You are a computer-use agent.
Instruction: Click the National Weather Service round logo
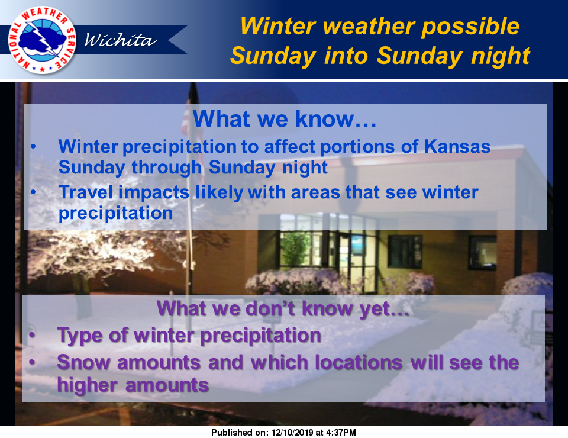(42, 40)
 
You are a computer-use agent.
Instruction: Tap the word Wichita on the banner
(120, 40)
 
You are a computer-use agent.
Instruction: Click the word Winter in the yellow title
(277, 27)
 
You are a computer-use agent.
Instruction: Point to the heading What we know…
(285, 118)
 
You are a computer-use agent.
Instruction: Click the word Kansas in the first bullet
(457, 146)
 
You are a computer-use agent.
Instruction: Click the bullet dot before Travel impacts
(33, 192)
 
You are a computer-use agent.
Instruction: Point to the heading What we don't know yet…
(283, 308)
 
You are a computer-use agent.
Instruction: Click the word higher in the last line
(88, 385)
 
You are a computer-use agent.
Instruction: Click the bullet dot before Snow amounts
(32, 362)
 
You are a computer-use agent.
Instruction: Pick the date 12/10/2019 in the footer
(292, 433)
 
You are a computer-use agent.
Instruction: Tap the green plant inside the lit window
(295, 249)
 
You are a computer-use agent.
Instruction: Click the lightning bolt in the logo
(43, 39)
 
